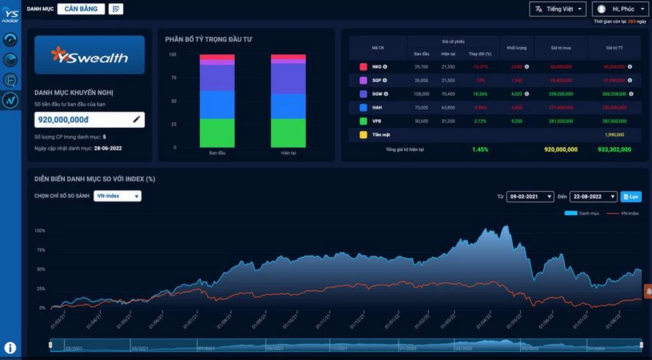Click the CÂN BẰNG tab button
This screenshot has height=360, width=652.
pyautogui.click(x=81, y=9)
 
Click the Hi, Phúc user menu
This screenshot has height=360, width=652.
pyautogui.click(x=619, y=9)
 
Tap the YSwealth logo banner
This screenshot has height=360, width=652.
pyautogui.click(x=89, y=55)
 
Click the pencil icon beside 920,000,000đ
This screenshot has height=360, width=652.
pyautogui.click(x=136, y=119)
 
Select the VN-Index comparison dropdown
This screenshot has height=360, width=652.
pyautogui.click(x=117, y=196)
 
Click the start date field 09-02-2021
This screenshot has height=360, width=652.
pyautogui.click(x=530, y=196)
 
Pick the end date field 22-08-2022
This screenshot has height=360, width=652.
pyautogui.click(x=593, y=196)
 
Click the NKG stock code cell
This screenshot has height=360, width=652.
pyautogui.click(x=376, y=67)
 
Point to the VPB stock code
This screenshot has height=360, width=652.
pyautogui.click(x=376, y=121)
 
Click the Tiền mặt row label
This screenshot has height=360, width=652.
pyautogui.click(x=380, y=135)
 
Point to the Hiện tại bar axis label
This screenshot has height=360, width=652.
pyautogui.click(x=288, y=153)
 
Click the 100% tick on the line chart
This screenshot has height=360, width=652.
pyautogui.click(x=40, y=231)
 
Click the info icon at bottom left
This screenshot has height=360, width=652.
pyautogui.click(x=10, y=348)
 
